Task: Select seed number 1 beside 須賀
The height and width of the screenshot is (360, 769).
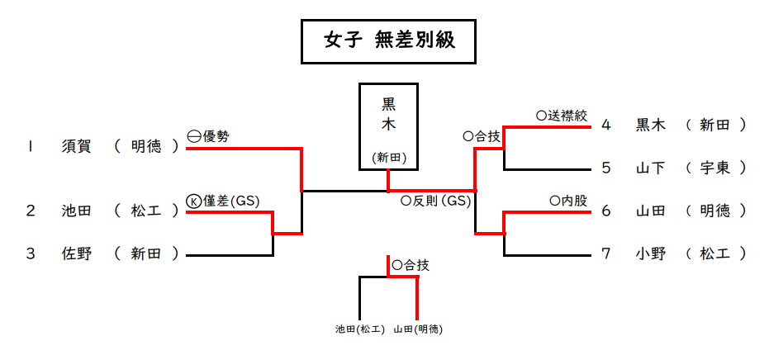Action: (30, 146)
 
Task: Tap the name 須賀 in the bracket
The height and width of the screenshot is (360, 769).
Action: (76, 146)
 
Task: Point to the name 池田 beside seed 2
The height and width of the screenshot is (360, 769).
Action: (76, 211)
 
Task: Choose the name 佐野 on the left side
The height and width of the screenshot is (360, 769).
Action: (76, 253)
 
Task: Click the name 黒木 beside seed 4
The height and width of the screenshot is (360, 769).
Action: (651, 125)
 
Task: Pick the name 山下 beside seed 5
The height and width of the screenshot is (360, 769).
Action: (651, 168)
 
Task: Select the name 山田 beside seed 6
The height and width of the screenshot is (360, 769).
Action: (651, 211)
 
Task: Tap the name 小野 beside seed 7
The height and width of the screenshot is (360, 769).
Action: (651, 253)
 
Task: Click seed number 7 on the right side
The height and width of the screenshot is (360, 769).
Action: (605, 253)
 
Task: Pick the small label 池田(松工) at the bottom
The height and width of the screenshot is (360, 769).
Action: (360, 329)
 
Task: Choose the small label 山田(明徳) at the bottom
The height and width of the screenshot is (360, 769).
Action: (417, 329)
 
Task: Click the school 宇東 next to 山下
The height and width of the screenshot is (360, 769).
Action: (715, 168)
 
